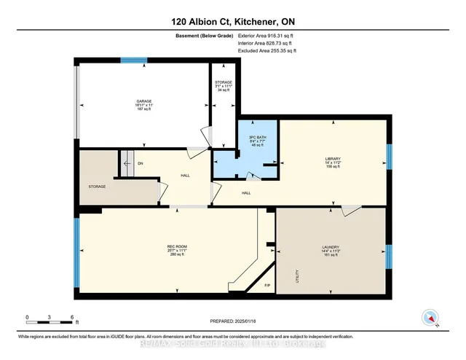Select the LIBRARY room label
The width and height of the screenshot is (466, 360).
click(333, 158)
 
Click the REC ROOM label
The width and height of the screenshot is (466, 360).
click(173, 248)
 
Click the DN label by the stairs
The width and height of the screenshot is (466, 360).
click(140, 163)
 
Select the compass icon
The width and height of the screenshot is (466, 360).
click(430, 318)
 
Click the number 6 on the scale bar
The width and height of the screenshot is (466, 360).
click(72, 317)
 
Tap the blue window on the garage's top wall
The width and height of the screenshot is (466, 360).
click(133, 60)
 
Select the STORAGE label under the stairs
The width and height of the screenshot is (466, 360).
click(98, 187)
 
